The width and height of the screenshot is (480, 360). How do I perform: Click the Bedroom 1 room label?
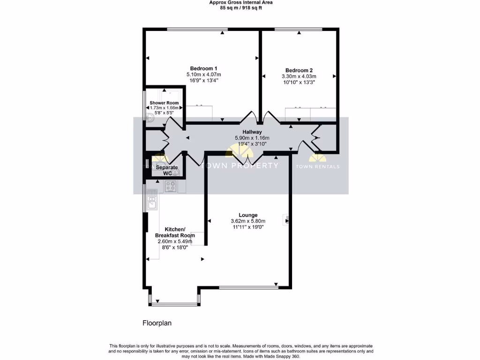203,67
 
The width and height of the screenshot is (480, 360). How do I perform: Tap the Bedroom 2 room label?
299,70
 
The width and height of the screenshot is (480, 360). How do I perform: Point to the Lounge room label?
248,215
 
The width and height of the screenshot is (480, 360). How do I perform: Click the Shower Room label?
164,103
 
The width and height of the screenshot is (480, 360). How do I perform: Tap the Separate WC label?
167,170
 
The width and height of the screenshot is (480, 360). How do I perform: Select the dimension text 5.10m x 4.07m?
203,74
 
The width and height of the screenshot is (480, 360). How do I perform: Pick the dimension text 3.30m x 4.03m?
299,76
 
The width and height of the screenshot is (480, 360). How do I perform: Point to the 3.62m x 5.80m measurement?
248,221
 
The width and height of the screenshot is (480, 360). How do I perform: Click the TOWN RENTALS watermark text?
318,166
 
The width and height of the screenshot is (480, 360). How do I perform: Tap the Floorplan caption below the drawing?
157,322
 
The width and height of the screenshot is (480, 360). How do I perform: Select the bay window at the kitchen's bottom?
174,302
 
